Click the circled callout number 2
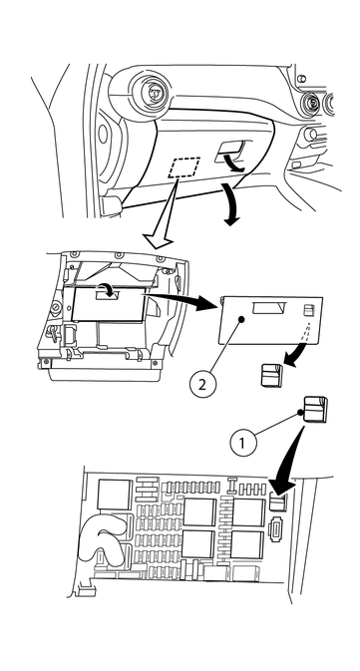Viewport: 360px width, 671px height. pyautogui.click(x=201, y=382)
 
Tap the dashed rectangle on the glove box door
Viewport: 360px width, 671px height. pyautogui.click(x=183, y=167)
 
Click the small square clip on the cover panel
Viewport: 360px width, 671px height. pyautogui.click(x=310, y=309)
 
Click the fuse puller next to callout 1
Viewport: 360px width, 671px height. pyautogui.click(x=311, y=410)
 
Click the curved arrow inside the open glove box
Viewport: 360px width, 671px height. pyautogui.click(x=104, y=287)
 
